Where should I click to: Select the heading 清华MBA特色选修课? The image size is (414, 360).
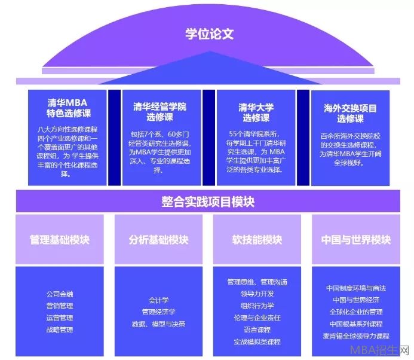coord(68,108)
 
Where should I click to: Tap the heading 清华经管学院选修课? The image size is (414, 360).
coord(160,112)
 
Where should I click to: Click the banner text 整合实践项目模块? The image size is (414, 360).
coord(207,202)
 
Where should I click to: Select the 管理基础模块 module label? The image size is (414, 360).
coord(59,240)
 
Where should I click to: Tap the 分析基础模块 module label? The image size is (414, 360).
coord(158,240)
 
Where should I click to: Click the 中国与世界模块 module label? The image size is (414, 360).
coord(355,240)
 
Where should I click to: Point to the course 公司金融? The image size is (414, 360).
coord(59,294)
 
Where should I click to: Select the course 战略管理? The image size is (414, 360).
coord(59,330)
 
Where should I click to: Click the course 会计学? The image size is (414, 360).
coord(158,300)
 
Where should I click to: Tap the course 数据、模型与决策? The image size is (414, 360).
coord(158,324)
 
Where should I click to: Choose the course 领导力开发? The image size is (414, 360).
coord(257,294)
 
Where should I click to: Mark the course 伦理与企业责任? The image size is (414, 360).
coord(257,318)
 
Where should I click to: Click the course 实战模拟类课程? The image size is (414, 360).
coord(257,341)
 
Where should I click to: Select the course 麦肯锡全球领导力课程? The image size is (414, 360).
coord(355,335)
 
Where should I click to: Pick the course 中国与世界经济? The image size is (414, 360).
coord(355,300)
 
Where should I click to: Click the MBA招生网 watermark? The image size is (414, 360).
coord(387,350)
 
